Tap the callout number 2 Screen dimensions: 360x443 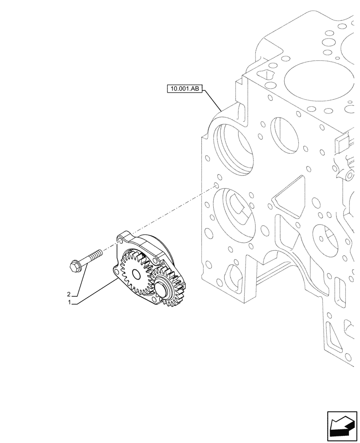(68, 294)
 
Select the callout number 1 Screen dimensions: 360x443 (69, 303)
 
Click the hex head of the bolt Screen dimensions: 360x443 (75, 266)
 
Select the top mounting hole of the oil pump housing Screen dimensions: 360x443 (119, 240)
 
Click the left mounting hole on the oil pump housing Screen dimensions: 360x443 (116, 269)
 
